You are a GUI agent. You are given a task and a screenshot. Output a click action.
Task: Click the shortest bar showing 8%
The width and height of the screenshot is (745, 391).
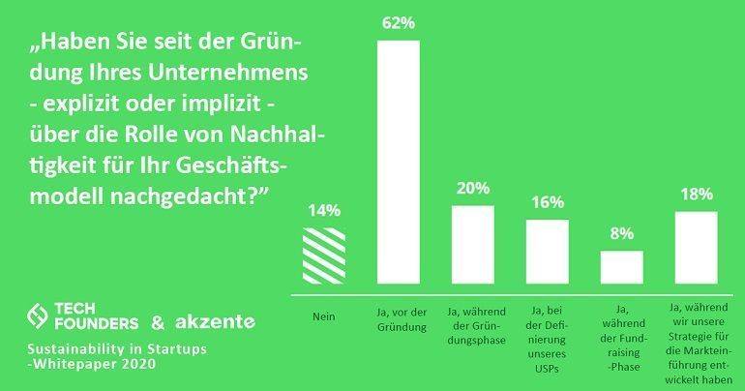[621, 266]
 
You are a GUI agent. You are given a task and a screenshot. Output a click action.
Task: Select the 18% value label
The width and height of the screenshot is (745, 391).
[695, 195]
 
